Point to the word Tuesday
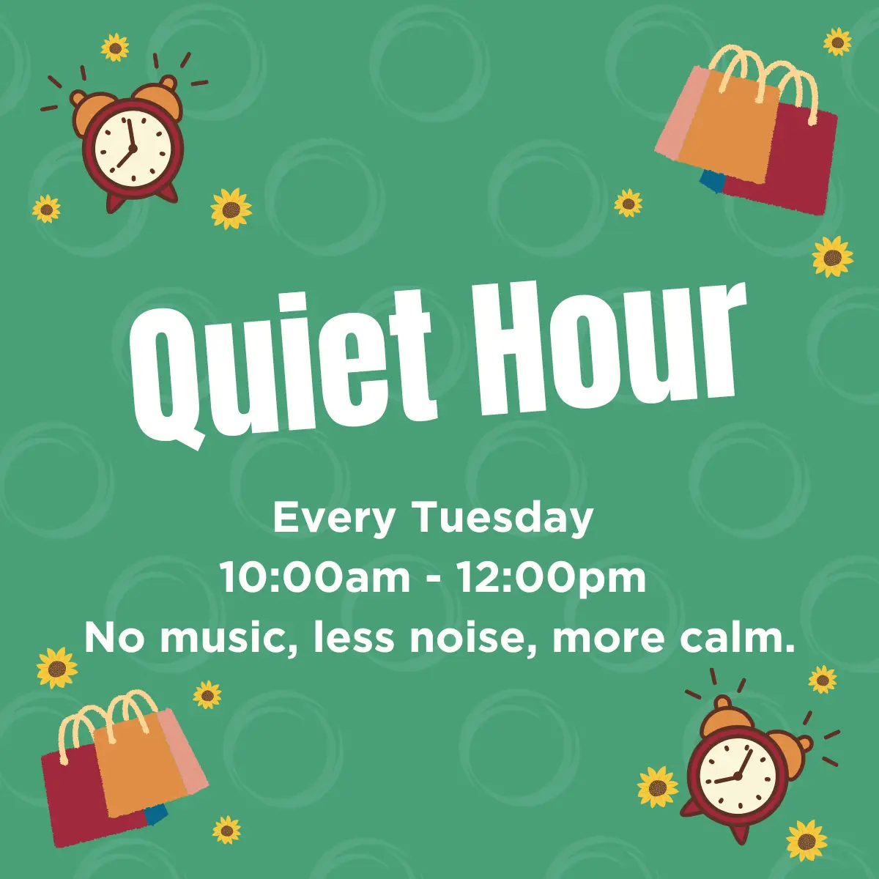[505, 519]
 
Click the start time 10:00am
[316, 577]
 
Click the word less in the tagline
[354, 638]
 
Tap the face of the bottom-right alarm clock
[738, 778]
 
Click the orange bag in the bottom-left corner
[140, 760]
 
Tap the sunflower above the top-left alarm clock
[115, 47]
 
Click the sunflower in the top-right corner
[837, 42]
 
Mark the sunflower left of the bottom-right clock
[657, 787]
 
